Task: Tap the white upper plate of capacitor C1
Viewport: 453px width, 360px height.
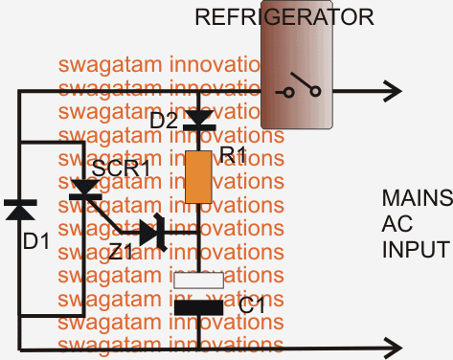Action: pos(197,280)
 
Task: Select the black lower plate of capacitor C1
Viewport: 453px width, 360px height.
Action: pos(197,307)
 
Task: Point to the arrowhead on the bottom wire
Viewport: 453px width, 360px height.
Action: pos(393,344)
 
